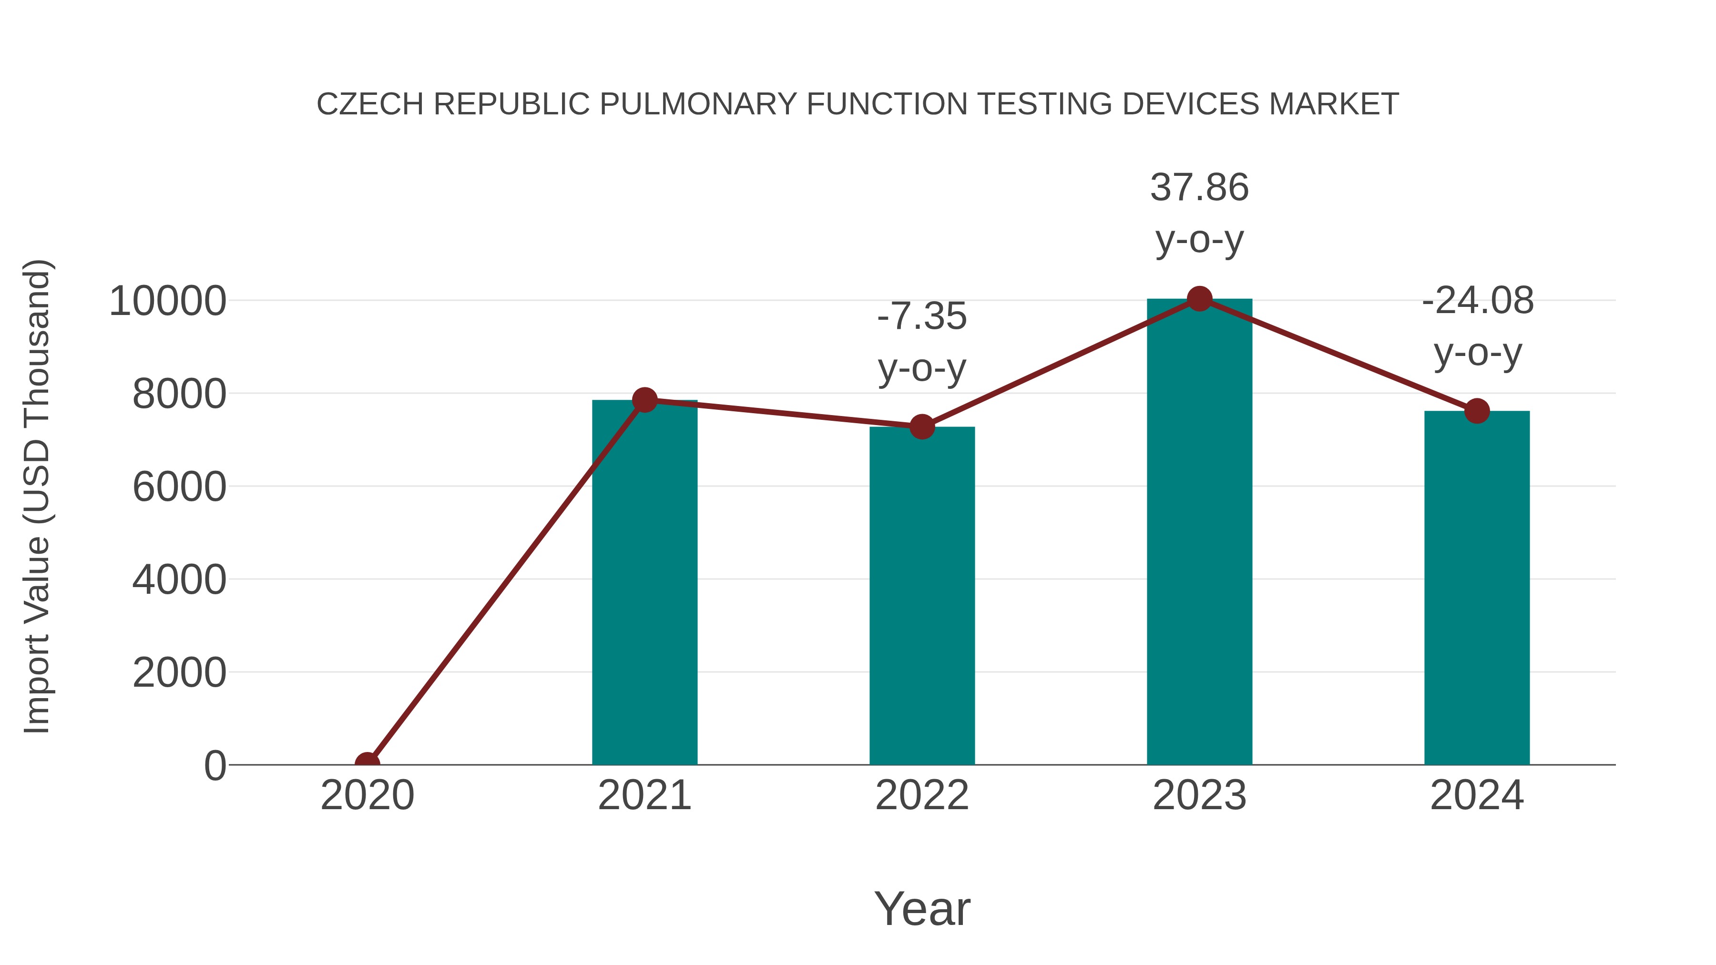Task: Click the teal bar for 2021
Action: tap(644, 583)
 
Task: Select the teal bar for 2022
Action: tap(922, 596)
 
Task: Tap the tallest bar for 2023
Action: tap(1199, 533)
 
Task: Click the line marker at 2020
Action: tap(367, 763)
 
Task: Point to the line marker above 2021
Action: tap(644, 400)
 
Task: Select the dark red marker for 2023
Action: tap(1199, 299)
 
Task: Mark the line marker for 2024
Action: tap(1477, 411)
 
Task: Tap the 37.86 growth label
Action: tap(1199, 188)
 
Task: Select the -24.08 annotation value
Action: tap(1478, 301)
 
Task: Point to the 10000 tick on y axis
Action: tap(167, 302)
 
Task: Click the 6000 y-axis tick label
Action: tap(179, 488)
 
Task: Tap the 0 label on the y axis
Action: tap(215, 766)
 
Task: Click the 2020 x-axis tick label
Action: tap(367, 796)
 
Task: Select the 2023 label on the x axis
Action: tap(1199, 796)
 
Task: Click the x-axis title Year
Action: tap(922, 909)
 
